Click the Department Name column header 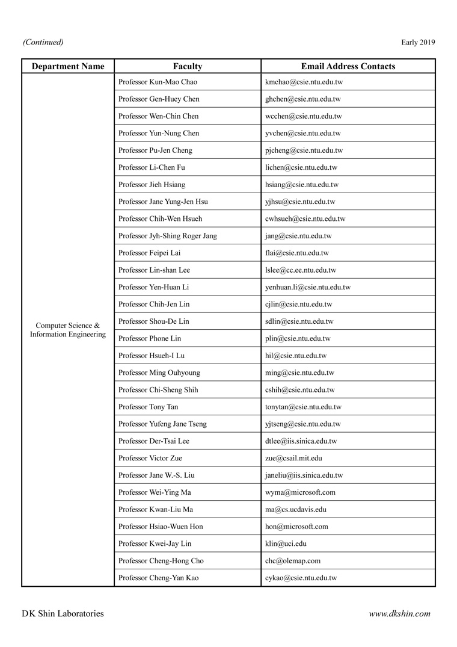68,66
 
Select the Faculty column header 188,66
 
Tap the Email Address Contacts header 348,66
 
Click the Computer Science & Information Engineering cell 68,330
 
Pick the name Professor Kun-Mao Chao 158,82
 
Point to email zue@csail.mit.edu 294,458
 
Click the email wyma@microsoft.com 300,492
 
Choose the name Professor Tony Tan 149,407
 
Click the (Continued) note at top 43,42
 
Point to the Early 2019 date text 418,42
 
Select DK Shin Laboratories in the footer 63,614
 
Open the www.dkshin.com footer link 399,614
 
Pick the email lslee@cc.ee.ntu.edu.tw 301,270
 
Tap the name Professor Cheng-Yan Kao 159,578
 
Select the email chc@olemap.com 293,561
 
